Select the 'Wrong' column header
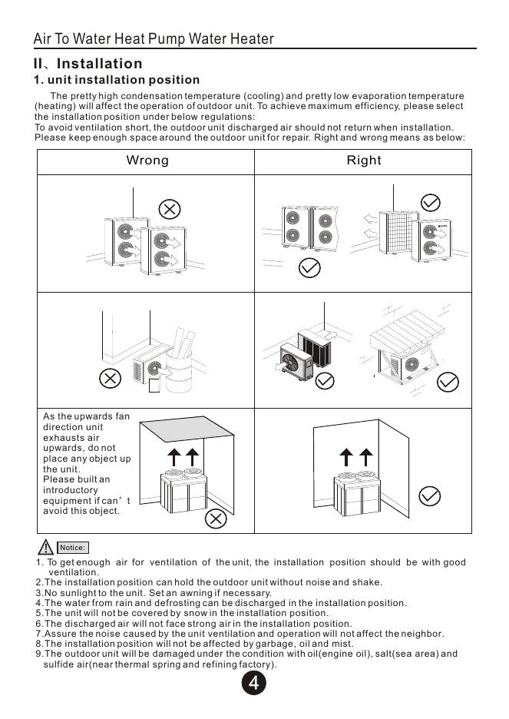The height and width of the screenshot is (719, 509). coord(147,161)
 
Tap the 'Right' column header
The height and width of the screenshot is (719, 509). coord(363,161)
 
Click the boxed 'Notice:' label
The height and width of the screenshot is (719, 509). coord(73,548)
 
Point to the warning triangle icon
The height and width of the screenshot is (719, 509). coord(47,547)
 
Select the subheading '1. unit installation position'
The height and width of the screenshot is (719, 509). coord(116,80)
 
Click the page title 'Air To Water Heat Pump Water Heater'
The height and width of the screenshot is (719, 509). coord(154,39)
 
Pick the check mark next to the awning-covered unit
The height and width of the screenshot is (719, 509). coord(447,382)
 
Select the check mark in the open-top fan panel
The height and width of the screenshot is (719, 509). coord(431,495)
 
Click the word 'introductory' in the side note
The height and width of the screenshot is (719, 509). coord(71,490)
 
